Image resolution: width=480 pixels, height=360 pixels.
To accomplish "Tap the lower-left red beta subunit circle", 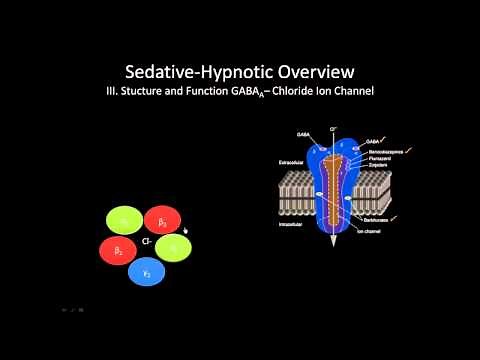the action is tap(119, 250).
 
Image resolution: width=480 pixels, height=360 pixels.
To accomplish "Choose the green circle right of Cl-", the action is tap(172, 247).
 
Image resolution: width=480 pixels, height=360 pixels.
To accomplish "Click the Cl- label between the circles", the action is tap(146, 241).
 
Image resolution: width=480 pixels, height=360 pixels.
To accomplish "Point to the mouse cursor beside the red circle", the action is tap(186, 228).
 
